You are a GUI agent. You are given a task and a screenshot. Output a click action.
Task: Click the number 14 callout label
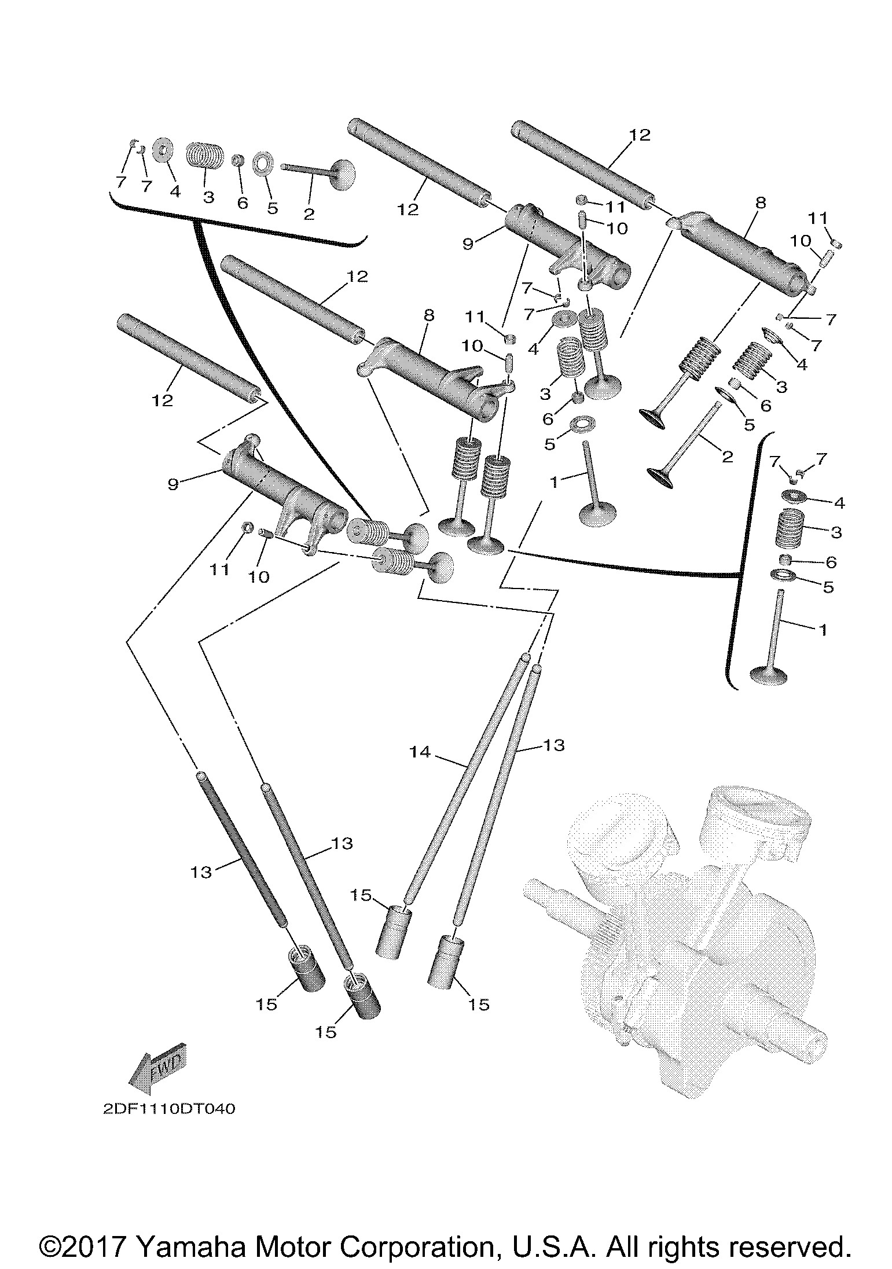click(421, 752)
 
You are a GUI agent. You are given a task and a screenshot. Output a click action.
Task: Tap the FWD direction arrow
click(156, 1065)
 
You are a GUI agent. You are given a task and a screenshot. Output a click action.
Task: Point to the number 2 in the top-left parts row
click(309, 214)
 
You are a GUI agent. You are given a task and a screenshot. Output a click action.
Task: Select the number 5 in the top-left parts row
click(273, 208)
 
